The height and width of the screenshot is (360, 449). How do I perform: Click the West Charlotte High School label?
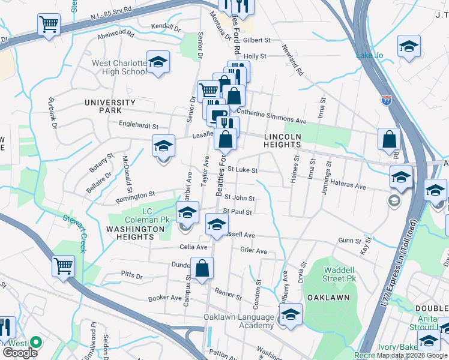(x=119, y=67)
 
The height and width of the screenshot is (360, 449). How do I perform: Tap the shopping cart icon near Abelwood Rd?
(x=49, y=25)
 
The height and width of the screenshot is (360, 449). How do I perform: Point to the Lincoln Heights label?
(x=282, y=141)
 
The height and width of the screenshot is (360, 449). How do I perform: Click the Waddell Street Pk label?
(x=340, y=274)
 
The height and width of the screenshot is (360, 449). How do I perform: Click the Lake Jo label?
(x=370, y=56)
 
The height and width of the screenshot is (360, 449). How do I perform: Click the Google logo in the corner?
(x=20, y=352)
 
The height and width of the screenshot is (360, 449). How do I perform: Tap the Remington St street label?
(x=136, y=196)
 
